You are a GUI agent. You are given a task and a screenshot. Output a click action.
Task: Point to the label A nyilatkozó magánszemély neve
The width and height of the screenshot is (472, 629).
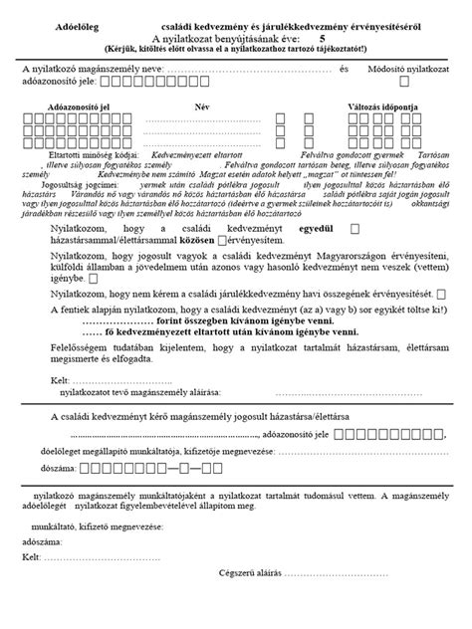point(85,69)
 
